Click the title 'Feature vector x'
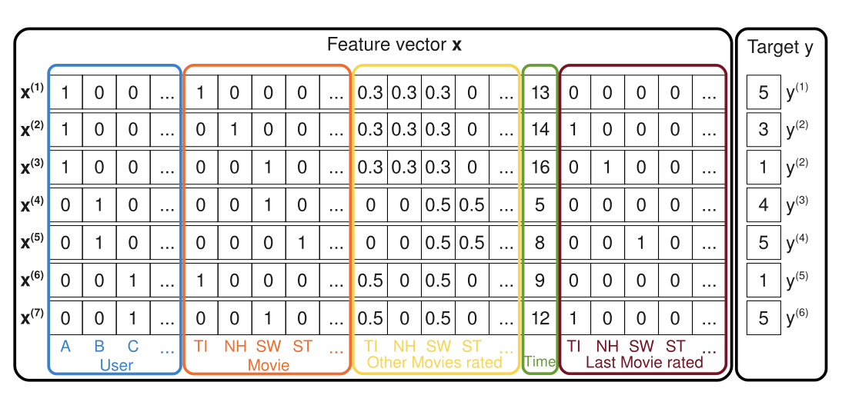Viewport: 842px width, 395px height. click(x=394, y=45)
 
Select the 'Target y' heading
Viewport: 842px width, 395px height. click(x=780, y=48)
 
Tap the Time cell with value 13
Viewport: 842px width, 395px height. click(x=540, y=93)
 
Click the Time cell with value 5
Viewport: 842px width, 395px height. click(x=540, y=206)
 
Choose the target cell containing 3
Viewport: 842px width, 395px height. click(x=763, y=130)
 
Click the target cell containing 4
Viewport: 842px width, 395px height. click(x=763, y=206)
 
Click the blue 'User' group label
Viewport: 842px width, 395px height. click(x=116, y=364)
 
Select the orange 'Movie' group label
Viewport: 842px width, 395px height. click(x=268, y=364)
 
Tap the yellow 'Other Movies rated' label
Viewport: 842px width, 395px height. click(x=434, y=362)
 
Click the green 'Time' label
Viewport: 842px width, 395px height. click(x=540, y=362)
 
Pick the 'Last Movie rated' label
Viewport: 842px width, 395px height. click(x=644, y=362)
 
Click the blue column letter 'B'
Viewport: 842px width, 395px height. click(x=99, y=347)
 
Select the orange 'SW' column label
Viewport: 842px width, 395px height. click(x=269, y=347)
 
